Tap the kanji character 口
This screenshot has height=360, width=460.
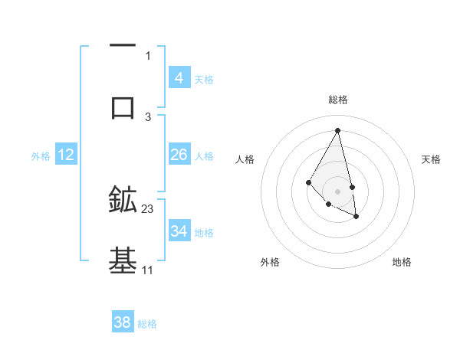tap(123, 107)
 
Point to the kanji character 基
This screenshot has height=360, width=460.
tap(123, 260)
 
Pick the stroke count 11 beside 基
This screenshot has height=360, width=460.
tap(148, 270)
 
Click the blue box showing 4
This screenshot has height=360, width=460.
tap(179, 78)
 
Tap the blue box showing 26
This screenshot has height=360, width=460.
tap(179, 155)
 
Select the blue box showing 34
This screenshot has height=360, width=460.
tap(179, 231)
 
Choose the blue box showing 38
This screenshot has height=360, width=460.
tap(122, 322)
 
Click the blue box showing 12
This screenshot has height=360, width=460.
tap(65, 155)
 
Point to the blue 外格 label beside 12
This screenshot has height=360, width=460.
tap(41, 155)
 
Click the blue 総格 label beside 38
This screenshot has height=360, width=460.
tap(147, 324)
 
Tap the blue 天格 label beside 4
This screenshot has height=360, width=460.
tap(204, 79)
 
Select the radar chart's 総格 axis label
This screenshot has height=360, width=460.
tap(337, 100)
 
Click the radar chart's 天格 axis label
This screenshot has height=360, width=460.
tap(432, 159)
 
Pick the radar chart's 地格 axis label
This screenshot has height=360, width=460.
tap(402, 262)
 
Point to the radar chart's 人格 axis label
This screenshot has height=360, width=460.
tap(245, 159)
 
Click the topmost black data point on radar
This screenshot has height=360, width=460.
tap(337, 130)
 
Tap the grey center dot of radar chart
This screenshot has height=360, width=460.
tap(337, 191)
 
